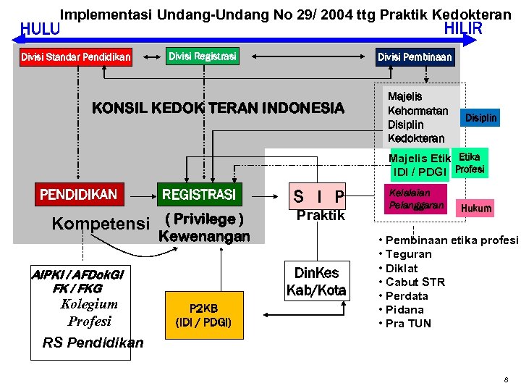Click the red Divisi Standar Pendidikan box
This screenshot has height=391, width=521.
(76, 56)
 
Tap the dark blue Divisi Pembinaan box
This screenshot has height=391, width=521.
(415, 56)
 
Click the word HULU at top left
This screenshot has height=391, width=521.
(41, 30)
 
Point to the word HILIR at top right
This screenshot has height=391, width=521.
(462, 28)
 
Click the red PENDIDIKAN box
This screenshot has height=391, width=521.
(78, 195)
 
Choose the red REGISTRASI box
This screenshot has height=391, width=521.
(198, 195)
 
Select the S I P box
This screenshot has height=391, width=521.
(318, 195)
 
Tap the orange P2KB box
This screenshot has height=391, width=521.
(203, 314)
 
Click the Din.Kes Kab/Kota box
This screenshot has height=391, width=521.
(317, 282)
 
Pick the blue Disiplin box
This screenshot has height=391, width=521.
(481, 117)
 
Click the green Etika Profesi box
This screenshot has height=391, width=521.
(469, 164)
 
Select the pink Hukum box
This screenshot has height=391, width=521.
(476, 209)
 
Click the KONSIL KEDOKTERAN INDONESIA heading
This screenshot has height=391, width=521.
(218, 109)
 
